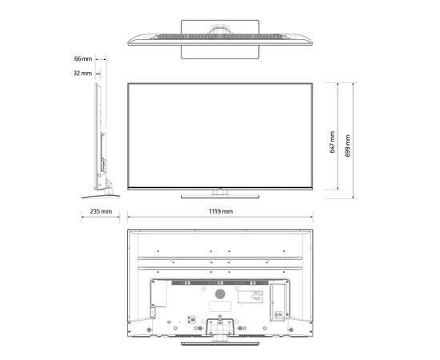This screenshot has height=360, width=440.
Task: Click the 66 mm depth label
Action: click(83, 58)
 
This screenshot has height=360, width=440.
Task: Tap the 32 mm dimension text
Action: click(82, 74)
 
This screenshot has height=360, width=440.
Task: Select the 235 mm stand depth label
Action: click(101, 211)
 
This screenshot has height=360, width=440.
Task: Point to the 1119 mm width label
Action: click(221, 211)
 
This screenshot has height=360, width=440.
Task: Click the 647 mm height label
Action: click(332, 142)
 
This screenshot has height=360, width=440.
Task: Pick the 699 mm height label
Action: click(347, 146)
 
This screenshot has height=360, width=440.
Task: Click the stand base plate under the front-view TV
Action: click(220, 196)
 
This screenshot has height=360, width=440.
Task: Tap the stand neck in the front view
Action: click(220, 192)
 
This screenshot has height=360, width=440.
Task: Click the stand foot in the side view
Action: click(101, 197)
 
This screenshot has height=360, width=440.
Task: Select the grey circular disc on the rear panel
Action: click(220, 294)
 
